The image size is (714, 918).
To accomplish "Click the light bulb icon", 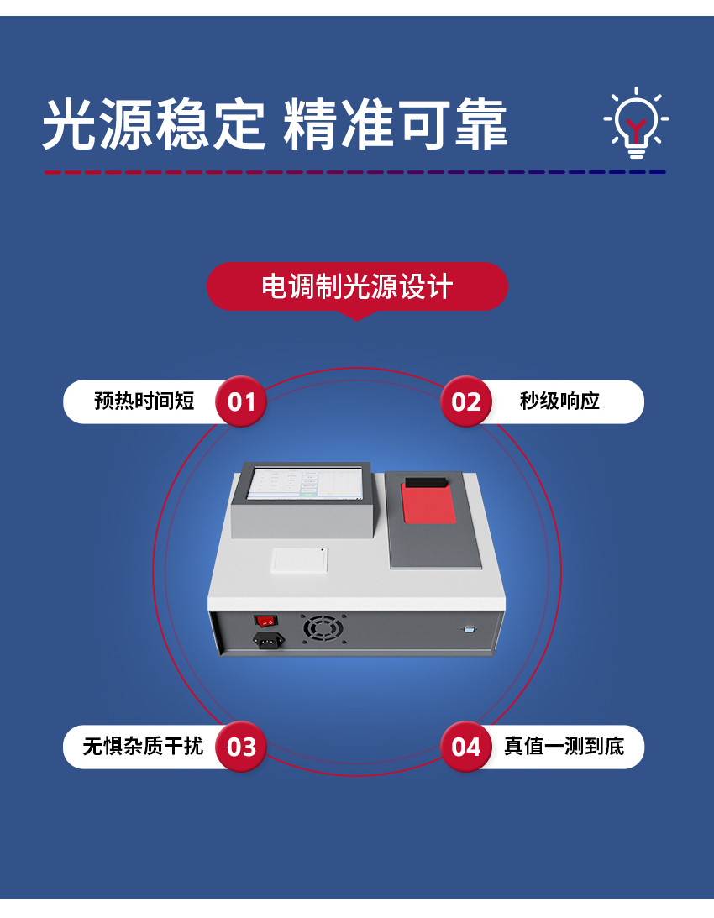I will [637, 124].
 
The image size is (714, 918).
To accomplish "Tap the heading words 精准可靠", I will [395, 124].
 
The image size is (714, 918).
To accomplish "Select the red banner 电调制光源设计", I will [357, 286].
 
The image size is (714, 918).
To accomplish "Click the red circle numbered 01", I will [241, 401].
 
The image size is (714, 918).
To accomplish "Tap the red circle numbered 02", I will [466, 401].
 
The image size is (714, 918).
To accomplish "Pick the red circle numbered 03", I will [241, 747].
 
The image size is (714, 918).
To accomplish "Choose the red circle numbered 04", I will [466, 747].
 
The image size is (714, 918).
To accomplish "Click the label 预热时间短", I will [144, 401].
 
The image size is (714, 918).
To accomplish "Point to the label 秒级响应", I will [559, 401].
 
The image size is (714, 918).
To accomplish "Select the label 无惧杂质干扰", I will [143, 747].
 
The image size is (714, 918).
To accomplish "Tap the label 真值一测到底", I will [564, 747].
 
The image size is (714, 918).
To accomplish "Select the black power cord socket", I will [268, 640].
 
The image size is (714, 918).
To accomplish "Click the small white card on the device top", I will [299, 559].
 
